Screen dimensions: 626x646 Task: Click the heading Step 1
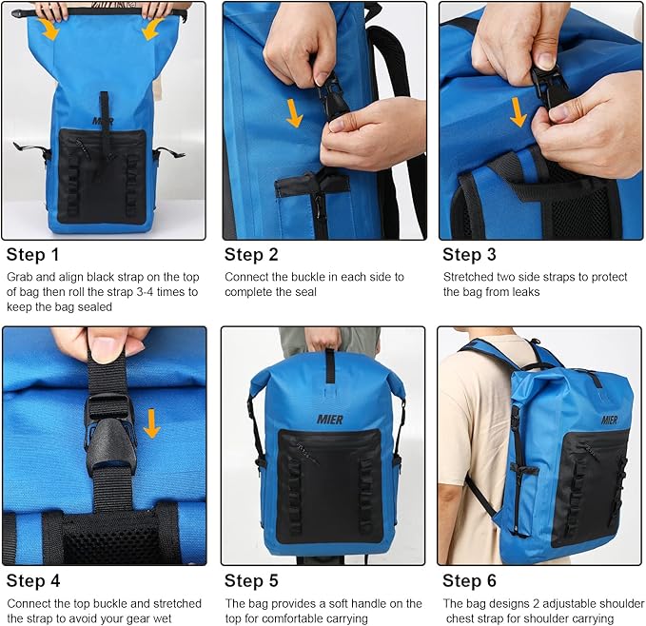33,254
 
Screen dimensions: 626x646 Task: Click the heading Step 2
251,254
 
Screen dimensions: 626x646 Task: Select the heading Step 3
469,254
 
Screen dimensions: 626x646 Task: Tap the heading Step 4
33,580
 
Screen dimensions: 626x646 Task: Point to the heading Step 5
251,580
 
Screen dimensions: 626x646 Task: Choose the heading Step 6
469,580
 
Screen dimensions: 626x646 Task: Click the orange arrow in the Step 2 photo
295,113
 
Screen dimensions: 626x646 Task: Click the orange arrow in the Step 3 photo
518,110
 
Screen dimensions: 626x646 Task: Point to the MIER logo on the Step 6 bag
609,420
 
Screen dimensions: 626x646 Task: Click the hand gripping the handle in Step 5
323,338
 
